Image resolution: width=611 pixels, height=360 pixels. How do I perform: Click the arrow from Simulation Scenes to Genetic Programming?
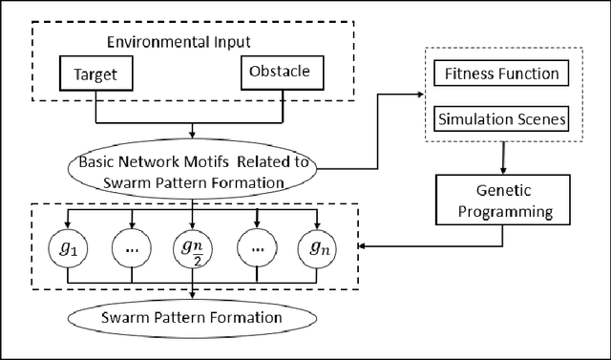click(x=502, y=158)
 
